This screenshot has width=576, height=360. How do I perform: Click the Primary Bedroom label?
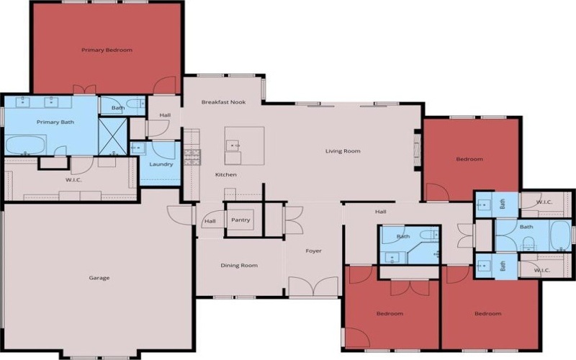point(107,50)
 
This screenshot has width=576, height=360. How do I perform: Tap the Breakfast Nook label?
point(223,102)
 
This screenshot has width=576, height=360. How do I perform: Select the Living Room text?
point(343,151)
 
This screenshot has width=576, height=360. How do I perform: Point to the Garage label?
point(99,278)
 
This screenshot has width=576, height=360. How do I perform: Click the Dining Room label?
point(239,266)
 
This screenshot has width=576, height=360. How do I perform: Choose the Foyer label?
point(313,251)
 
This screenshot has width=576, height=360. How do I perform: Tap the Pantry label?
point(241,220)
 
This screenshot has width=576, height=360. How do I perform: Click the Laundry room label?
point(161,164)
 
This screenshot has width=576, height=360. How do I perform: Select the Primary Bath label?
point(55,122)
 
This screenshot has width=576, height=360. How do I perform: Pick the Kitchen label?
point(226,175)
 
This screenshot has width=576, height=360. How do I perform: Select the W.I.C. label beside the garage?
point(73,180)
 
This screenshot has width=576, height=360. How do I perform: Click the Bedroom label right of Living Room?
point(470,159)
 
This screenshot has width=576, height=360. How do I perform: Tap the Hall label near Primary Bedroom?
point(165,115)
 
